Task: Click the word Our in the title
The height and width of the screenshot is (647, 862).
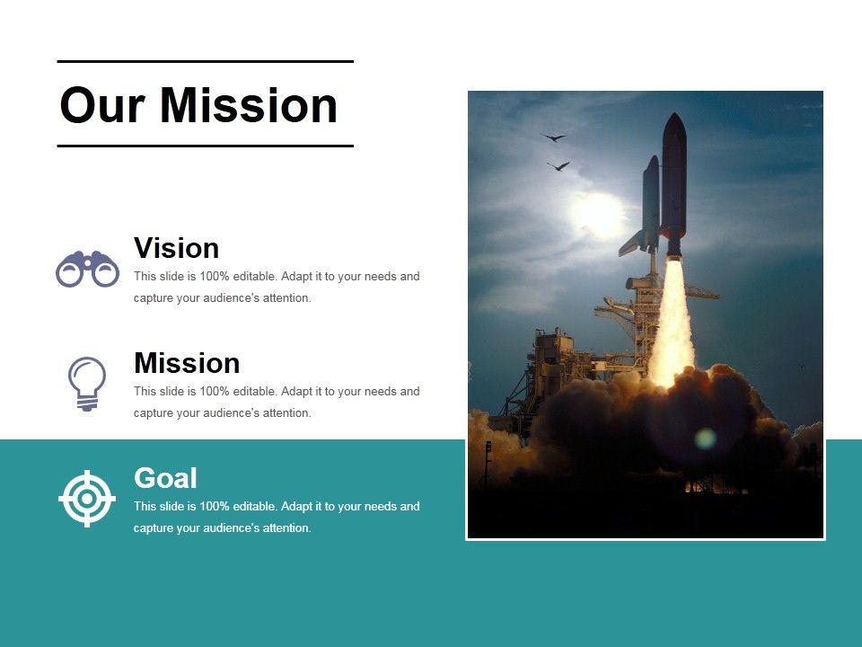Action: pyautogui.click(x=102, y=105)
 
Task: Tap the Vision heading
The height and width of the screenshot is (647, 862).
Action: pyautogui.click(x=177, y=248)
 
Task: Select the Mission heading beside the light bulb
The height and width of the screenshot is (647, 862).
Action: pyautogui.click(x=187, y=363)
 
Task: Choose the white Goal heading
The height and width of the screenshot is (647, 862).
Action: pyautogui.click(x=165, y=478)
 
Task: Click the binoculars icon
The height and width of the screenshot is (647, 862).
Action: pyautogui.click(x=87, y=269)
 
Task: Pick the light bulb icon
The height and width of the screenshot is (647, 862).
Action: pyautogui.click(x=87, y=384)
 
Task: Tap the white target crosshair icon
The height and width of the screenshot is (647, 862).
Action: pyautogui.click(x=87, y=499)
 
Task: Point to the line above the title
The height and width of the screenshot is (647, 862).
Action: pyautogui.click(x=205, y=62)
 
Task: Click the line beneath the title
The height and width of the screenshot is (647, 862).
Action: pyautogui.click(x=205, y=146)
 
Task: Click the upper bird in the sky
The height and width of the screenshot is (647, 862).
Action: pyautogui.click(x=554, y=137)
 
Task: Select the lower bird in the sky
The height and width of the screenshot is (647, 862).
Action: pyautogui.click(x=559, y=165)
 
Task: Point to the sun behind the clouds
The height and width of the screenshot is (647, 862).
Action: pyautogui.click(x=598, y=214)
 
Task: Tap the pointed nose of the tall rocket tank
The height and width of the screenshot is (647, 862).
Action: pyautogui.click(x=674, y=114)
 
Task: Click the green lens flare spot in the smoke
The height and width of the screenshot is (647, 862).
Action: pyautogui.click(x=706, y=439)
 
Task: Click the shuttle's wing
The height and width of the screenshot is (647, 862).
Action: pyautogui.click(x=633, y=244)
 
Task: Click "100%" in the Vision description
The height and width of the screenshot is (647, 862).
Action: pyautogui.click(x=215, y=276)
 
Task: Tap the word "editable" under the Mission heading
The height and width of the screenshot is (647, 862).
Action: pyautogui.click(x=255, y=391)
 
